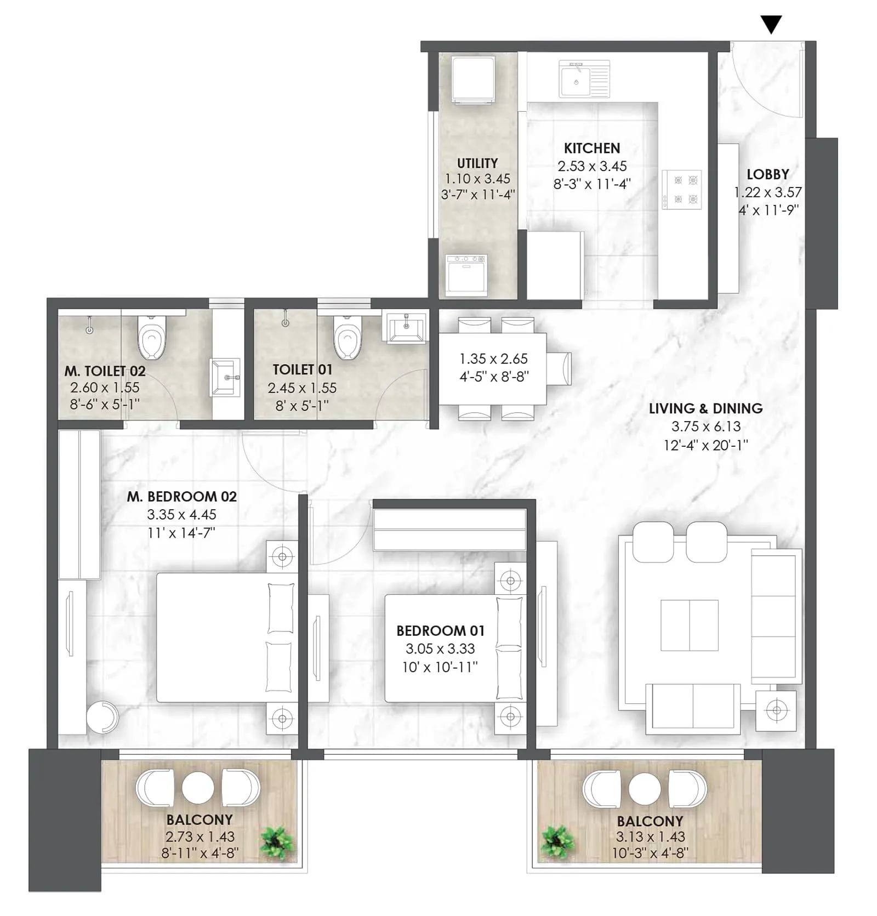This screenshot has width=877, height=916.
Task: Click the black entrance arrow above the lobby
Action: (x=771, y=25)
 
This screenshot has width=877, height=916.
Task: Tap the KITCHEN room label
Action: (x=592, y=148)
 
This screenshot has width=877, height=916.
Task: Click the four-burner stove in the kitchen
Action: (x=681, y=190)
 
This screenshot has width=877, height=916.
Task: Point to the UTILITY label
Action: (x=477, y=163)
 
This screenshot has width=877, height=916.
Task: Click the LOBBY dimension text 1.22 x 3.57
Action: (x=767, y=192)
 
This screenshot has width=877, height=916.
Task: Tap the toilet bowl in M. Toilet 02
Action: (x=151, y=337)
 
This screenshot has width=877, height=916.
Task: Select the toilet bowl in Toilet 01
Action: (x=347, y=337)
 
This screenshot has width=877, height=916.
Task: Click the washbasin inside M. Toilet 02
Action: (x=225, y=377)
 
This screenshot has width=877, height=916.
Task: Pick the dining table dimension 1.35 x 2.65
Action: (x=493, y=359)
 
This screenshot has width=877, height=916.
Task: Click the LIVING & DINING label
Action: (x=705, y=408)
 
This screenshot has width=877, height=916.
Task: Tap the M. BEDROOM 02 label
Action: (x=182, y=497)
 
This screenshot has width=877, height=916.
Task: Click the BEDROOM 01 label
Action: (x=440, y=631)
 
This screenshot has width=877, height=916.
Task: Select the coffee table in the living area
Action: (x=689, y=625)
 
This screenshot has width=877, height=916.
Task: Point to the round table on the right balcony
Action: (x=645, y=789)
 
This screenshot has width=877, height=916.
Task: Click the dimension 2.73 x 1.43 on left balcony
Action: (x=200, y=837)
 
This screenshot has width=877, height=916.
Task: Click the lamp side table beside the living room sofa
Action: (x=776, y=711)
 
